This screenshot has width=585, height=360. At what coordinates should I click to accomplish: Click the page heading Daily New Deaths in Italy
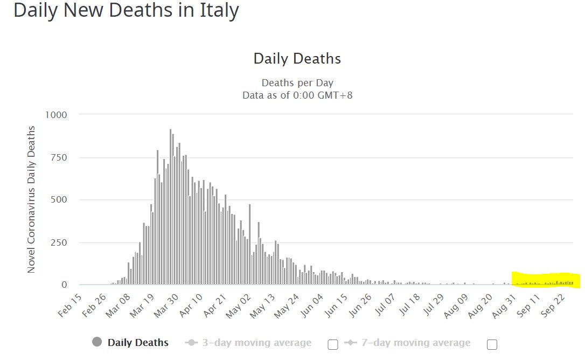126,10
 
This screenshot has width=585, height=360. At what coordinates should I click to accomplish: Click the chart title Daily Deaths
297,58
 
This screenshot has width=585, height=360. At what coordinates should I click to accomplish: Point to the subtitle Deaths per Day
297,83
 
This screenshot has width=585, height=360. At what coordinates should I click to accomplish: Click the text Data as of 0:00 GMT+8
297,95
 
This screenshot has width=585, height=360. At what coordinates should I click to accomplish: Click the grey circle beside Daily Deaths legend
97,342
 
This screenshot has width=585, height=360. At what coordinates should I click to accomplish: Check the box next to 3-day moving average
333,344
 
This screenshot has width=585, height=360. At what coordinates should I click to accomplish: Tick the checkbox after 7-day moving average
491,344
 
